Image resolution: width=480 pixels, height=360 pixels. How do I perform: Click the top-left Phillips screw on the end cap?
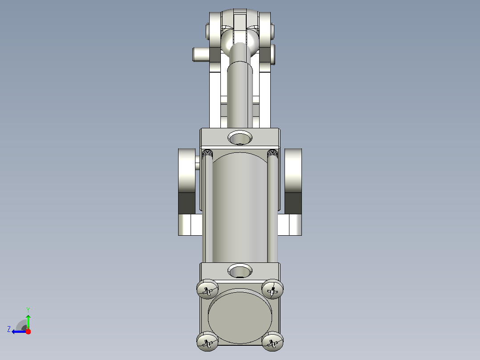207,289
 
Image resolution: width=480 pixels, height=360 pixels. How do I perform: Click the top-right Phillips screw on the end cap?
273,289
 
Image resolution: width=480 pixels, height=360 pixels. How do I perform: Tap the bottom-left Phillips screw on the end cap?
207,341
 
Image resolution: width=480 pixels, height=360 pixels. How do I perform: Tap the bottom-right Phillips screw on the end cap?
273,341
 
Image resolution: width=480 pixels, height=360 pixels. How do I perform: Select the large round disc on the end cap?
240,317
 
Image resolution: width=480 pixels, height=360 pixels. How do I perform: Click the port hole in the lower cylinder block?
240,270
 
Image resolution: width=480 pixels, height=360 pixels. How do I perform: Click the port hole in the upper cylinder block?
240,137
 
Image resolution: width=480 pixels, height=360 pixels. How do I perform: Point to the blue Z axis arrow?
19,331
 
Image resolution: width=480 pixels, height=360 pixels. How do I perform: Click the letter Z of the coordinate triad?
9,329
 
